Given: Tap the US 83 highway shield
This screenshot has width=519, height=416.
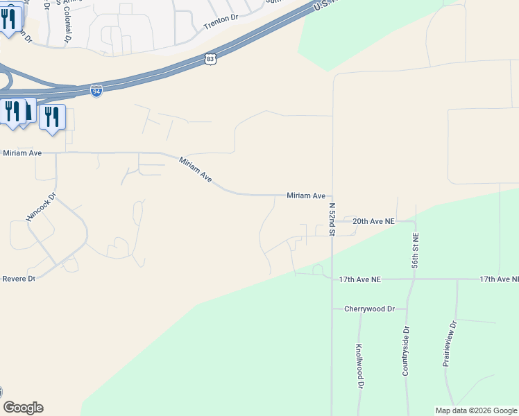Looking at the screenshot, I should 211,60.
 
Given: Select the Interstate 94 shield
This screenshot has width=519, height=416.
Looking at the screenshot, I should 96,91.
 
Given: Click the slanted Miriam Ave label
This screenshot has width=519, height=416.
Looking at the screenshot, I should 196,170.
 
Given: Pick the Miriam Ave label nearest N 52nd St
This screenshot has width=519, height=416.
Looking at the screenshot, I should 306,196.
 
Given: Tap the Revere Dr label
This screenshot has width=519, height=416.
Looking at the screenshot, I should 19,278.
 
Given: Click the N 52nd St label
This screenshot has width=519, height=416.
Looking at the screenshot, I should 332,218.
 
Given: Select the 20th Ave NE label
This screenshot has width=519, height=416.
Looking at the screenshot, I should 373,221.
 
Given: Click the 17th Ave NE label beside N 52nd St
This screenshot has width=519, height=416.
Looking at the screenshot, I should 360,279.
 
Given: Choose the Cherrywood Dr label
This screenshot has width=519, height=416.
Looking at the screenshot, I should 369,309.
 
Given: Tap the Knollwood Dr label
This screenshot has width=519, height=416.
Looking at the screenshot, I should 359,365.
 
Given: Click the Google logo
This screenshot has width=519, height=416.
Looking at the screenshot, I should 23,408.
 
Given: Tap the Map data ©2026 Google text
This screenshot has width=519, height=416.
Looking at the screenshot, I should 475,410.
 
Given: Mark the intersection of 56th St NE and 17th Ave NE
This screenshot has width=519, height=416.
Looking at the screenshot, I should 415,279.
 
